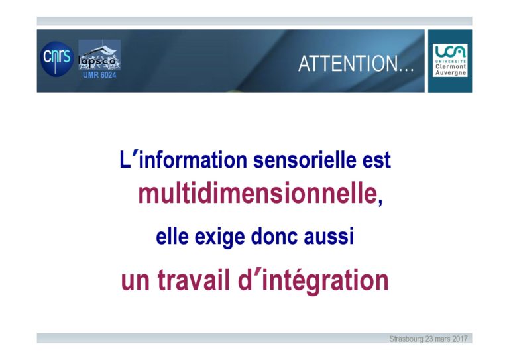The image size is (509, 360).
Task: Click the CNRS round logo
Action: [57, 59]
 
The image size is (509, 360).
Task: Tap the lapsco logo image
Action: [99, 55]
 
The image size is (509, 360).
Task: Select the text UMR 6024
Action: [99, 75]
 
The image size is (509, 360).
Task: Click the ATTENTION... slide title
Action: [356, 64]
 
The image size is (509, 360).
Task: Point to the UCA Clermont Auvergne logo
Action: [450, 60]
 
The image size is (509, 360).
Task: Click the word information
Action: [193, 160]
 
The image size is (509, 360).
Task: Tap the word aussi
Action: [329, 236]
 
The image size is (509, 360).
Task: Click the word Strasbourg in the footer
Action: [406, 339]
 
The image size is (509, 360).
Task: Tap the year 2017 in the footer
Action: [460, 339]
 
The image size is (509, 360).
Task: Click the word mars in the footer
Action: [443, 339]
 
